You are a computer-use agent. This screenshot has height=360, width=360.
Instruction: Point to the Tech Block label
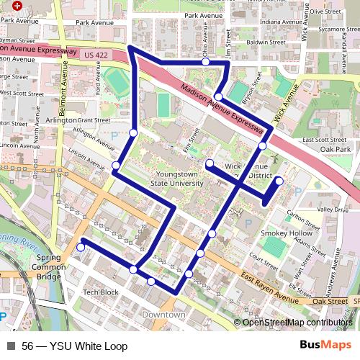(100, 292)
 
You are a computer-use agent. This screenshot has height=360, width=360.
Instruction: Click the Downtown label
(163, 315)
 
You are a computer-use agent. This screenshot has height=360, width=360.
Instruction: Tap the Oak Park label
(336, 149)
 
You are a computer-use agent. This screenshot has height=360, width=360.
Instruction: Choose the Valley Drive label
(333, 209)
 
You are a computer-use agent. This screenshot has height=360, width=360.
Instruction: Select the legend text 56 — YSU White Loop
(74, 346)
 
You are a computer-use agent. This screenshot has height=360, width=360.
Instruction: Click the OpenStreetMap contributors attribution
(297, 323)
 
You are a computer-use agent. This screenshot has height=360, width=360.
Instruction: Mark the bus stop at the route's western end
(81, 248)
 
